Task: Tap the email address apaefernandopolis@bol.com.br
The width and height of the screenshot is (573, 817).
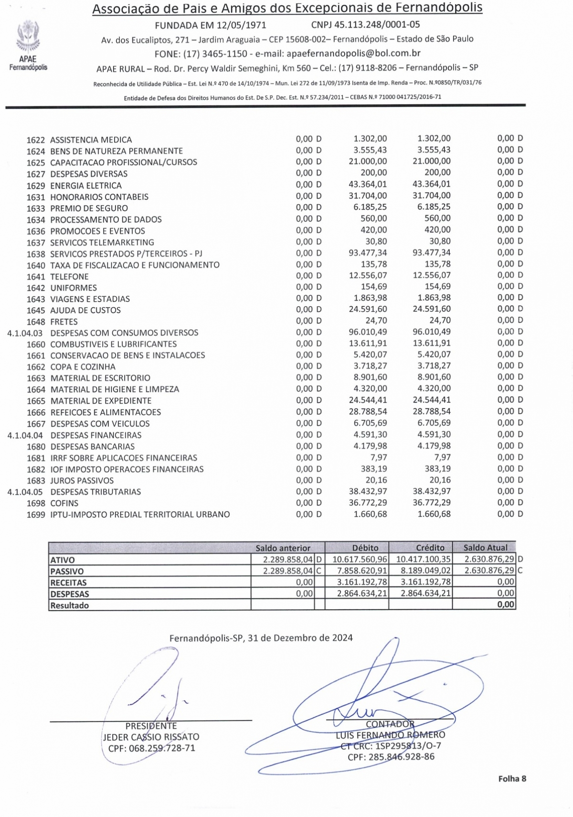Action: click(x=353, y=54)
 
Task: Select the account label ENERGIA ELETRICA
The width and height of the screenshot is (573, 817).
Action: click(x=86, y=185)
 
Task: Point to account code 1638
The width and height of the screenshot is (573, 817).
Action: click(x=36, y=254)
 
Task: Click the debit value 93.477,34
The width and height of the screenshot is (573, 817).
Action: click(x=368, y=253)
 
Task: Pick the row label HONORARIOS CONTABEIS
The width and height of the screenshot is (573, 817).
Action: click(x=99, y=197)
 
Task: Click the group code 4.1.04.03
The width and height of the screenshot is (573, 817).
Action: click(x=25, y=333)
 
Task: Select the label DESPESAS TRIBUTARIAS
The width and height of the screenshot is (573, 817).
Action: click(x=95, y=492)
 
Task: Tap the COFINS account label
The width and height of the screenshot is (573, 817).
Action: click(x=64, y=503)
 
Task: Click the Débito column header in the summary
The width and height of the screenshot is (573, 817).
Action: click(x=365, y=548)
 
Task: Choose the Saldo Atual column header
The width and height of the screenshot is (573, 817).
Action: click(x=485, y=548)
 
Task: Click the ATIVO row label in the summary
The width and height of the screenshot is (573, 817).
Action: click(x=63, y=560)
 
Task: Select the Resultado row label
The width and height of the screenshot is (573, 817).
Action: click(x=70, y=605)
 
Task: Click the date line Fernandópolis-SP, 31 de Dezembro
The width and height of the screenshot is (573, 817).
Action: click(x=261, y=638)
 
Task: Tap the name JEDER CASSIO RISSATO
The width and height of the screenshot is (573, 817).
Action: click(x=151, y=737)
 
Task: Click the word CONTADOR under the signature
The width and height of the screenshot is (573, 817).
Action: click(x=390, y=724)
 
